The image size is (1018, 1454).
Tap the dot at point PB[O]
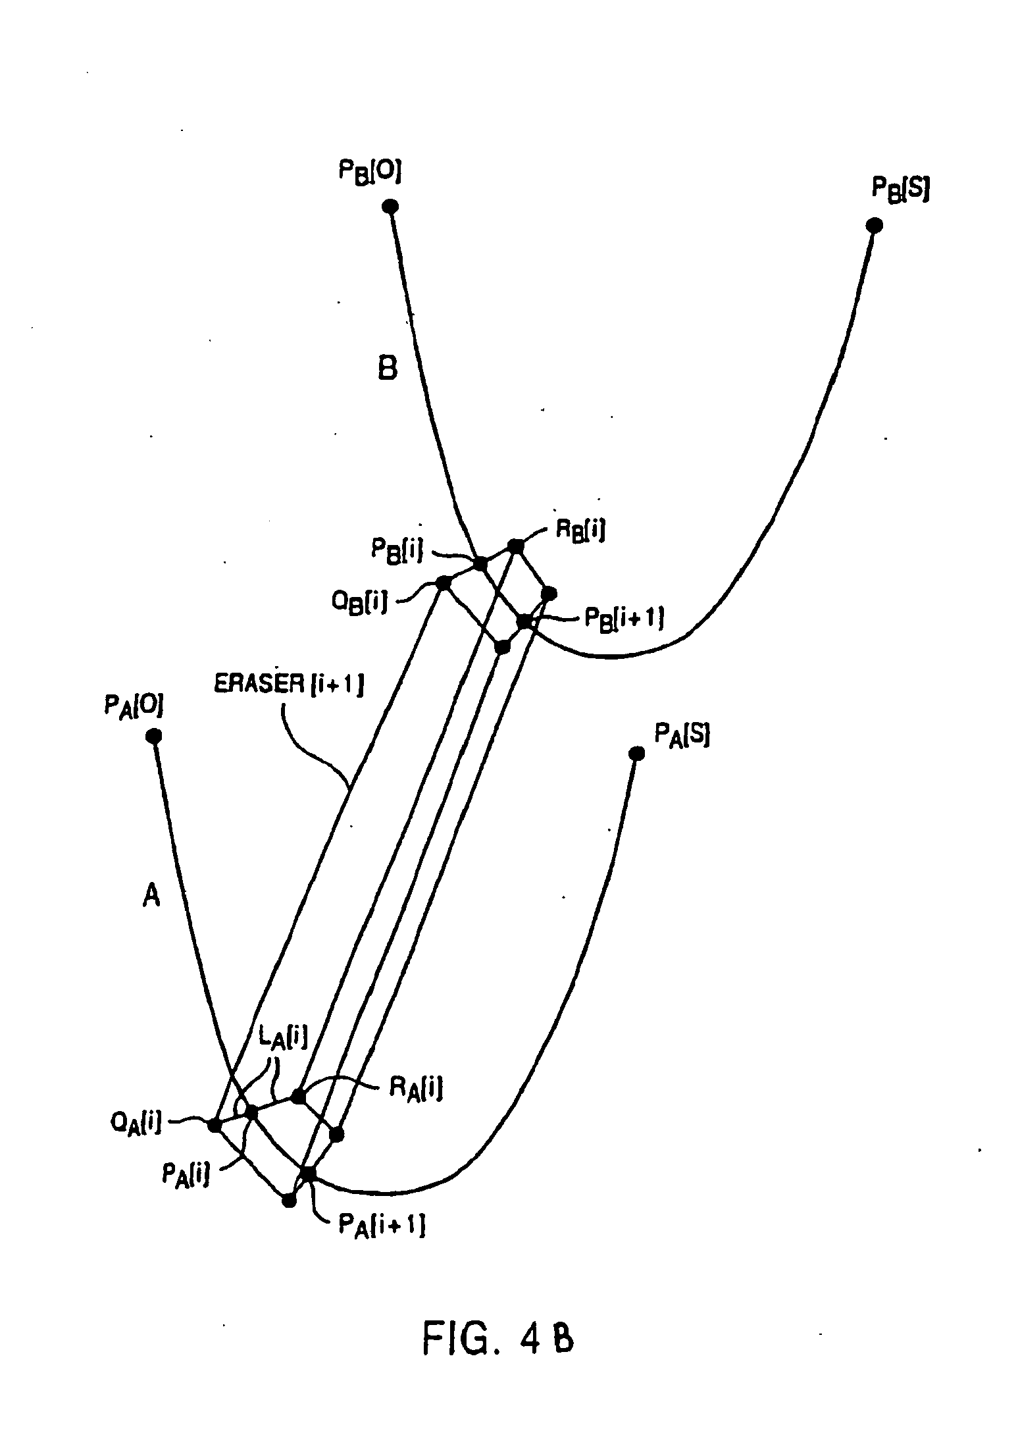point(390,207)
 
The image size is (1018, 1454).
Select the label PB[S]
point(900,190)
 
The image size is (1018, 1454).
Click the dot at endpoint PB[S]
point(874,226)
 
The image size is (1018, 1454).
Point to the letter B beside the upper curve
point(388,369)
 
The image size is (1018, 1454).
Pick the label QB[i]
point(359,603)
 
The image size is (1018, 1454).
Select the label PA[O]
point(134,707)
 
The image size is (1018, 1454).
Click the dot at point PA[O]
point(153,736)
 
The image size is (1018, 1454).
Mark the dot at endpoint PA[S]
point(636,753)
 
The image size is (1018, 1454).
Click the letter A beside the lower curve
point(151,895)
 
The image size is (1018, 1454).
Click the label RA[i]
point(415,1088)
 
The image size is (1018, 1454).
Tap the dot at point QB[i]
point(443,583)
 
